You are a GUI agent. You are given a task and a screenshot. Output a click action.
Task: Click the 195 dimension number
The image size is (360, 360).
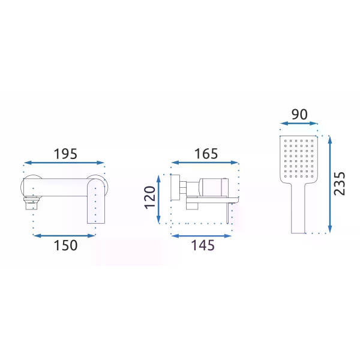click(65, 154)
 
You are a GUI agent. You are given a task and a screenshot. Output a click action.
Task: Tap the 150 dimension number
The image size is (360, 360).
click(65, 245)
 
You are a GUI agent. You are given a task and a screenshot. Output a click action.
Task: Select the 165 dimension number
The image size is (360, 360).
click(206, 154)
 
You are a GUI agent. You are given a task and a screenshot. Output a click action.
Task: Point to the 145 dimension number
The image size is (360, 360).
click(203, 245)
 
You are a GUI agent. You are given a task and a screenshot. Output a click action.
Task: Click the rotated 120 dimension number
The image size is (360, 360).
click(149, 197)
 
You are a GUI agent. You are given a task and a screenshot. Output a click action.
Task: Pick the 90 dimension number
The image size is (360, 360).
click(299, 115)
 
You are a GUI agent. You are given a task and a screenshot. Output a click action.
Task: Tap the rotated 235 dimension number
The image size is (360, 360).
click(340, 184)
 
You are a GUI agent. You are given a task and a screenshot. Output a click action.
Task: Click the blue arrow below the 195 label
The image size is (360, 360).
click(64, 163)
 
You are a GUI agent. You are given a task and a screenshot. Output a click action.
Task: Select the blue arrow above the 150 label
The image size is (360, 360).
click(64, 236)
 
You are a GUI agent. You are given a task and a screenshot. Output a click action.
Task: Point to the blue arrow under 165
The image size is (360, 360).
click(205, 163)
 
